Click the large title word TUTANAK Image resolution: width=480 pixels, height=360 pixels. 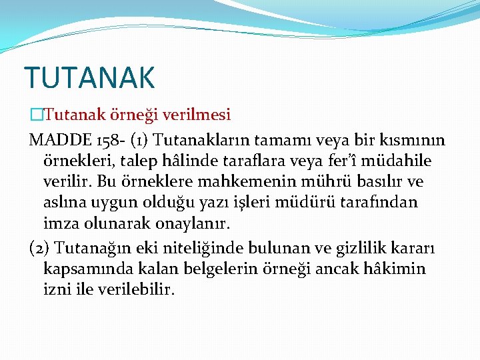click(x=89, y=77)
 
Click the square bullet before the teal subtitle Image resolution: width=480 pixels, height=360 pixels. click(x=35, y=115)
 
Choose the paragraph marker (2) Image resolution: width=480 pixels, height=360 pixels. click(x=39, y=248)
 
